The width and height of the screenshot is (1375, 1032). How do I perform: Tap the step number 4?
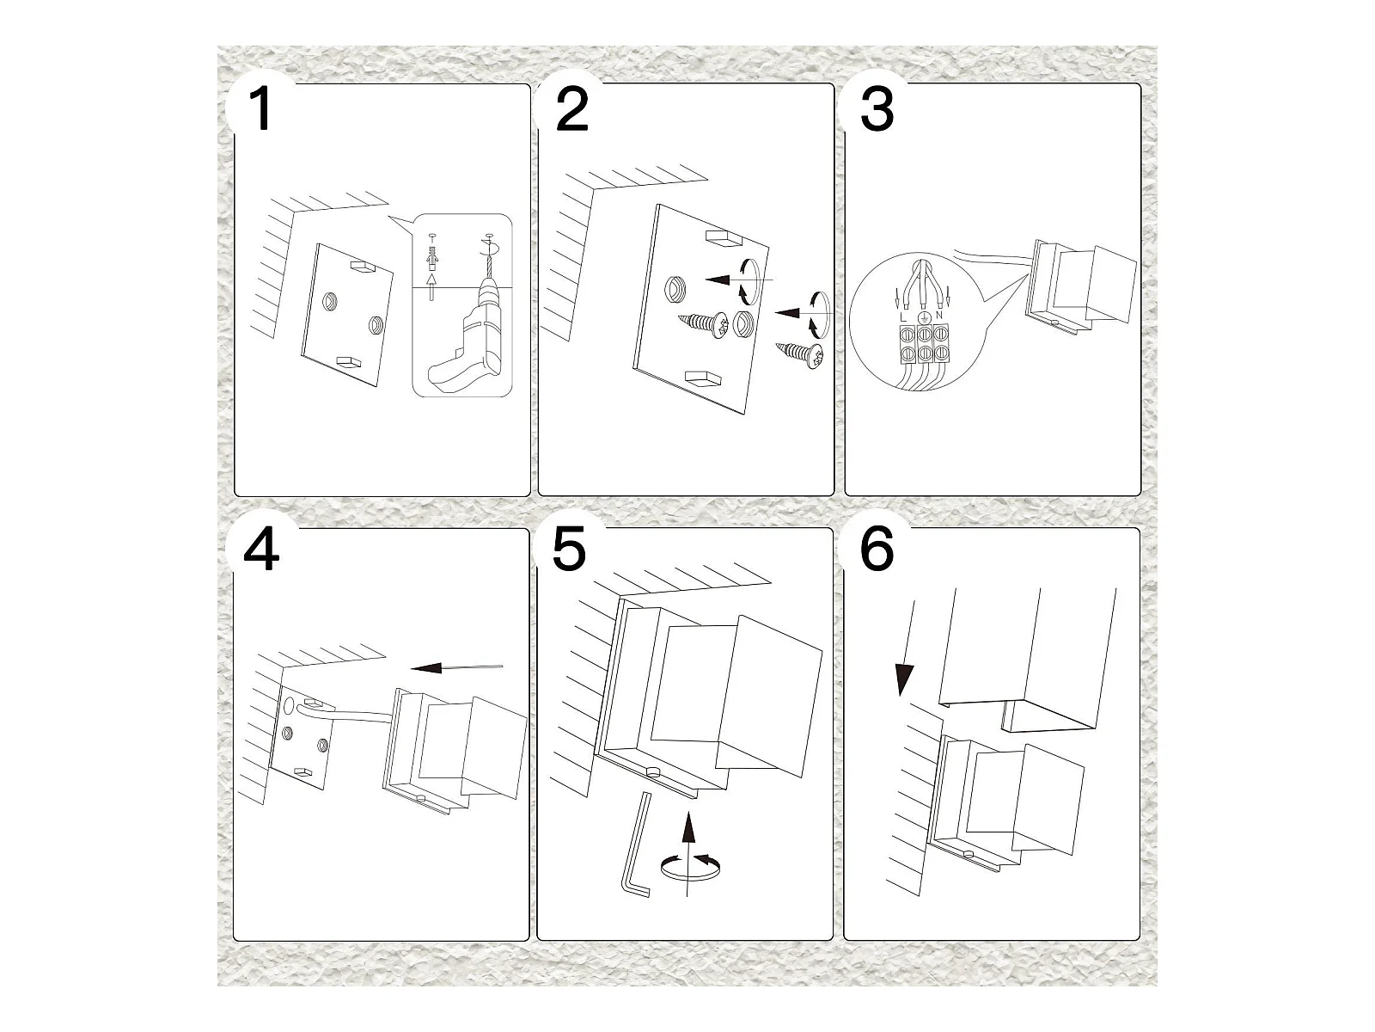[261, 550]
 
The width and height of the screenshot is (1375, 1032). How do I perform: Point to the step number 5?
[569, 550]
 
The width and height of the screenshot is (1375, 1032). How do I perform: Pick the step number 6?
[877, 550]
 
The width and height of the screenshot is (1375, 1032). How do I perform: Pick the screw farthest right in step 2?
[801, 353]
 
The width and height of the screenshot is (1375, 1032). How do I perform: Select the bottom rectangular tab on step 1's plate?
[351, 362]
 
